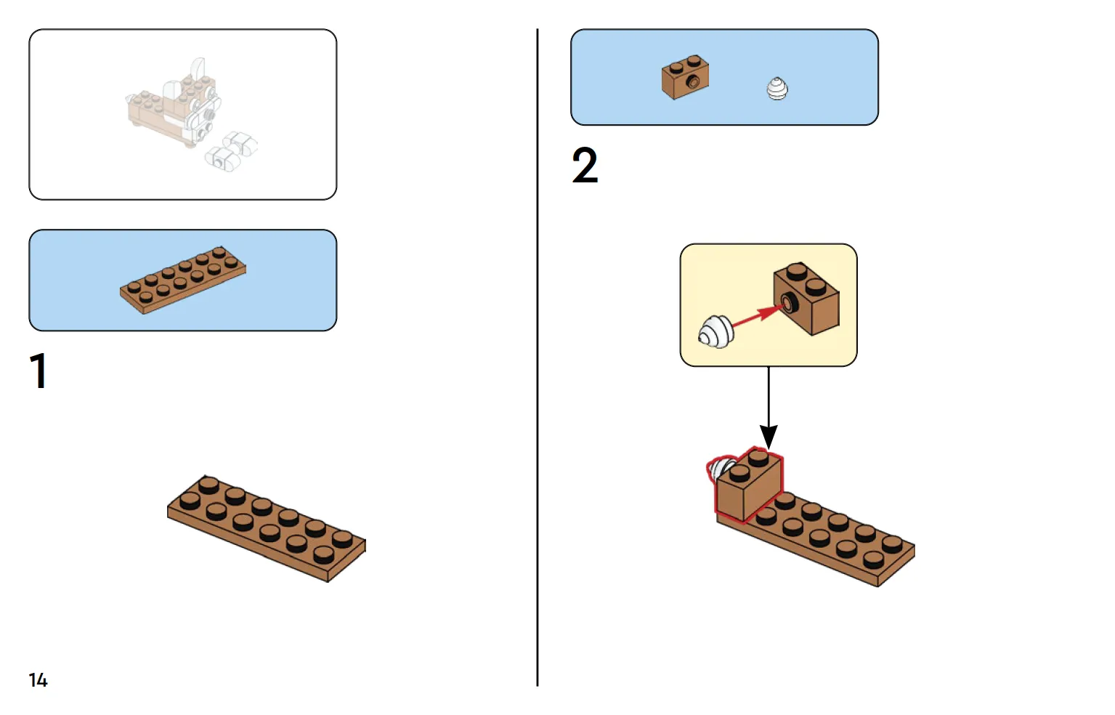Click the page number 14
click(38, 680)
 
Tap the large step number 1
click(38, 371)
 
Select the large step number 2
click(585, 165)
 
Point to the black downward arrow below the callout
click(769, 408)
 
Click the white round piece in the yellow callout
click(715, 331)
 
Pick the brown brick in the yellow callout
click(806, 299)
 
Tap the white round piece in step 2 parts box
click(777, 89)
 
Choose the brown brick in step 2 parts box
click(686, 77)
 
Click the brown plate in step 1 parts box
click(182, 280)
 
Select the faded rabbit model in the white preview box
click(192, 115)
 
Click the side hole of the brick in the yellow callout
click(788, 302)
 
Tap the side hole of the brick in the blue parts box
click(692, 81)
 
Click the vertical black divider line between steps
click(538, 357)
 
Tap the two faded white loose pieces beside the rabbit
click(232, 151)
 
